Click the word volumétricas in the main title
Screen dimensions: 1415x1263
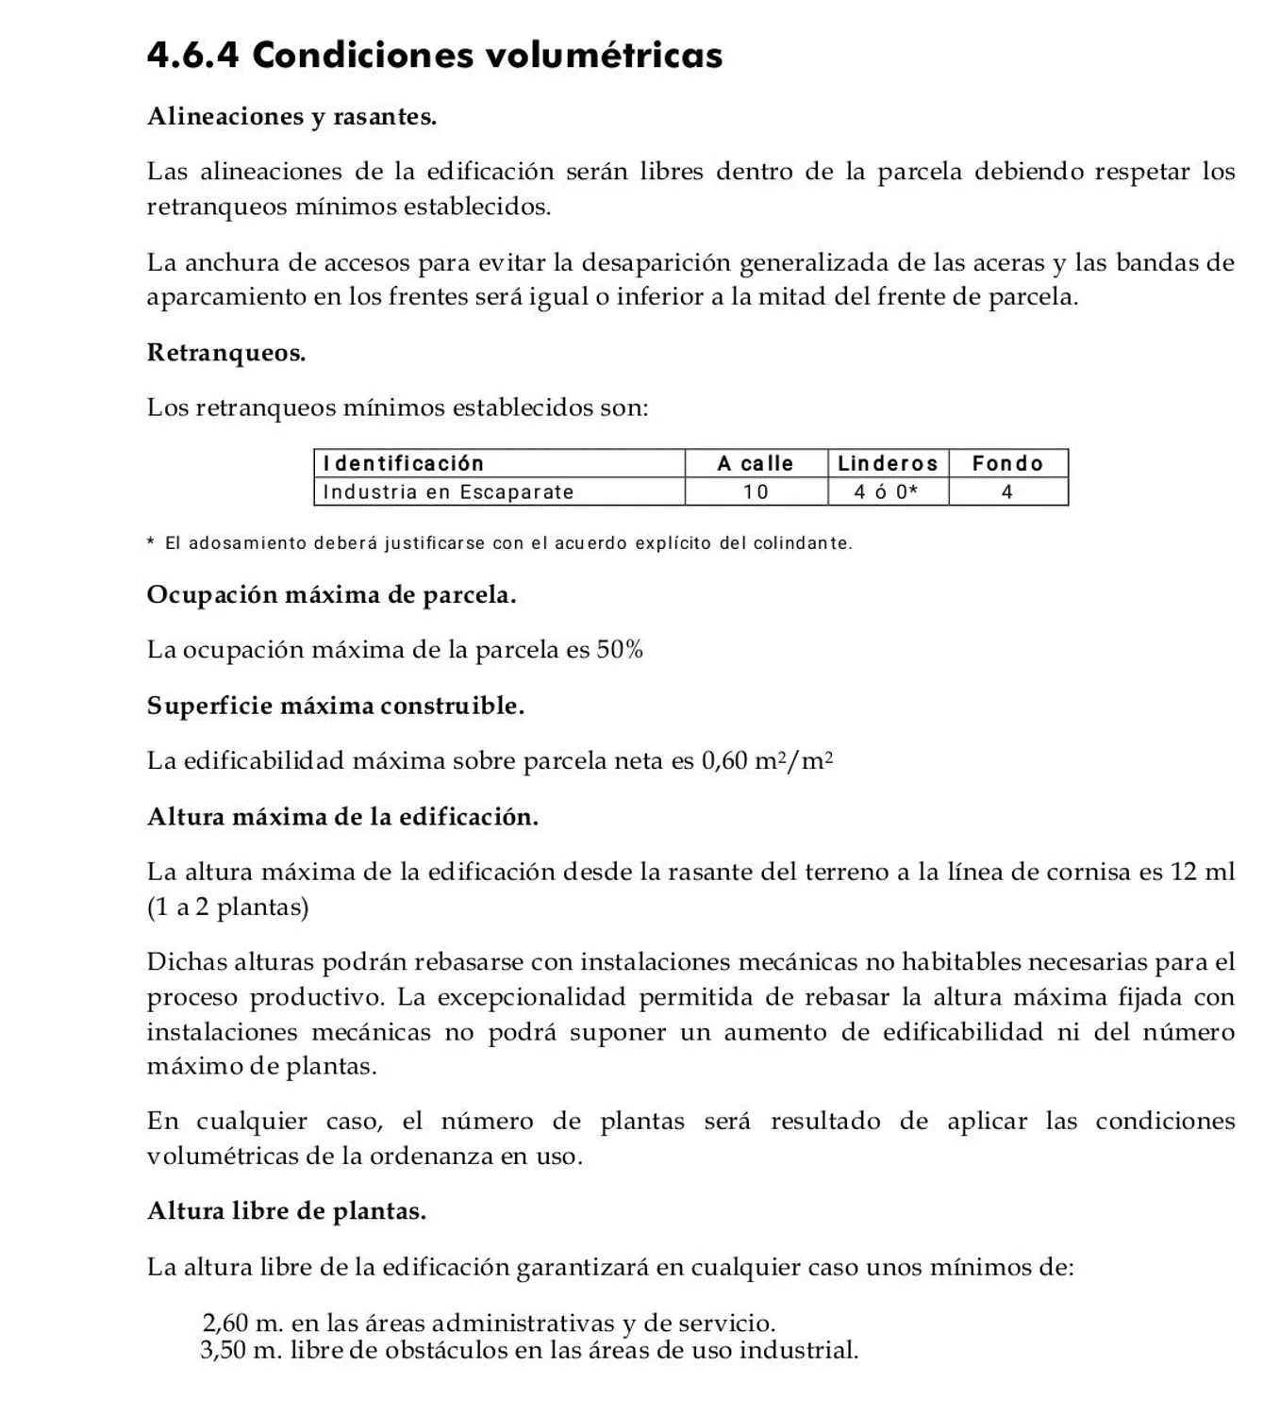(604, 55)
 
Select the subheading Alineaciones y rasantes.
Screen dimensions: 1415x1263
(291, 117)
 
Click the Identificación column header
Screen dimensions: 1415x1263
(403, 463)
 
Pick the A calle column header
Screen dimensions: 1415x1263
(756, 463)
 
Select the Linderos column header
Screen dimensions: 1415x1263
(888, 463)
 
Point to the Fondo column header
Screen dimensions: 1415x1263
(1007, 463)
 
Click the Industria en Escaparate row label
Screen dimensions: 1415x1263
(448, 491)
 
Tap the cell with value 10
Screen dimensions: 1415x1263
(756, 491)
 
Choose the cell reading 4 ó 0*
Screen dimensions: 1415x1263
(887, 491)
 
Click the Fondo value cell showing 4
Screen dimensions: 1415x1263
(1007, 491)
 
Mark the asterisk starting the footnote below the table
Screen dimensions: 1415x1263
(151, 542)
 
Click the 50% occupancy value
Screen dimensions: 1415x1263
(620, 650)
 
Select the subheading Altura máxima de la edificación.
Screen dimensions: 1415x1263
(342, 817)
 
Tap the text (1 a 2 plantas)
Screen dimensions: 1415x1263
(227, 907)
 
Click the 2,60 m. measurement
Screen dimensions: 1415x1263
(242, 1323)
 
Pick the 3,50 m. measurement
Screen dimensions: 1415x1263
(241, 1351)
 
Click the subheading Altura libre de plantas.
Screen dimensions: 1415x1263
(287, 1211)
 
